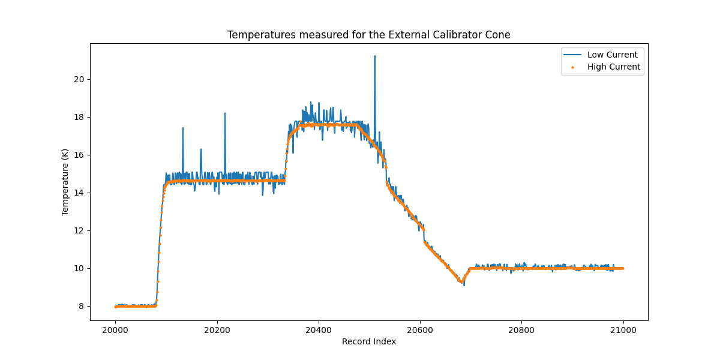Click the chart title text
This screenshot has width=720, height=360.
coord(368,35)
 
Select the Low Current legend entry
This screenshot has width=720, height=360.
coord(612,55)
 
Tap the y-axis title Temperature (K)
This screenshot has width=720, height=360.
coord(65,182)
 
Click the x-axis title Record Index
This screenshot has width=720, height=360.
coord(368,341)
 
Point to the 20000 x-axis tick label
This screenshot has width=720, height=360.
coord(116,329)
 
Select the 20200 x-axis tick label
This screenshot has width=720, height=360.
coord(217,329)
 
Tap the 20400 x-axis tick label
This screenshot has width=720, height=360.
coord(319,329)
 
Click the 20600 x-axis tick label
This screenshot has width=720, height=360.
coord(420,329)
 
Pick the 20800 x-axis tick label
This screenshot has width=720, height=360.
coord(521,329)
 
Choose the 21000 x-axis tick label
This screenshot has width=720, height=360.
coord(623,329)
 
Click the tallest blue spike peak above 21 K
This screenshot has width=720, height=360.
coord(374,56)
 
